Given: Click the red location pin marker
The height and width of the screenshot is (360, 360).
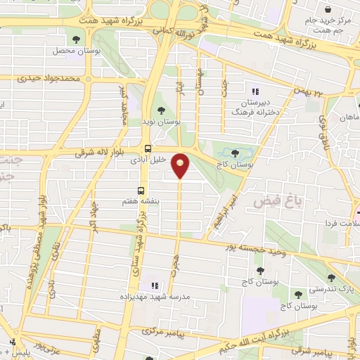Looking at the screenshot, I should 181,167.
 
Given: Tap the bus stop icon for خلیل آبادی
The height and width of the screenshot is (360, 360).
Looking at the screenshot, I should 148,148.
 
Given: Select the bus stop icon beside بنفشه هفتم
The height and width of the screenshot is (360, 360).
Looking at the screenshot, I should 141,191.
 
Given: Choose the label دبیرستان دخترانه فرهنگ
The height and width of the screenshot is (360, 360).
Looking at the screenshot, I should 255,106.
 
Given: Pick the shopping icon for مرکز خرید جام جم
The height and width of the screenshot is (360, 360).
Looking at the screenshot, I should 328,9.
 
